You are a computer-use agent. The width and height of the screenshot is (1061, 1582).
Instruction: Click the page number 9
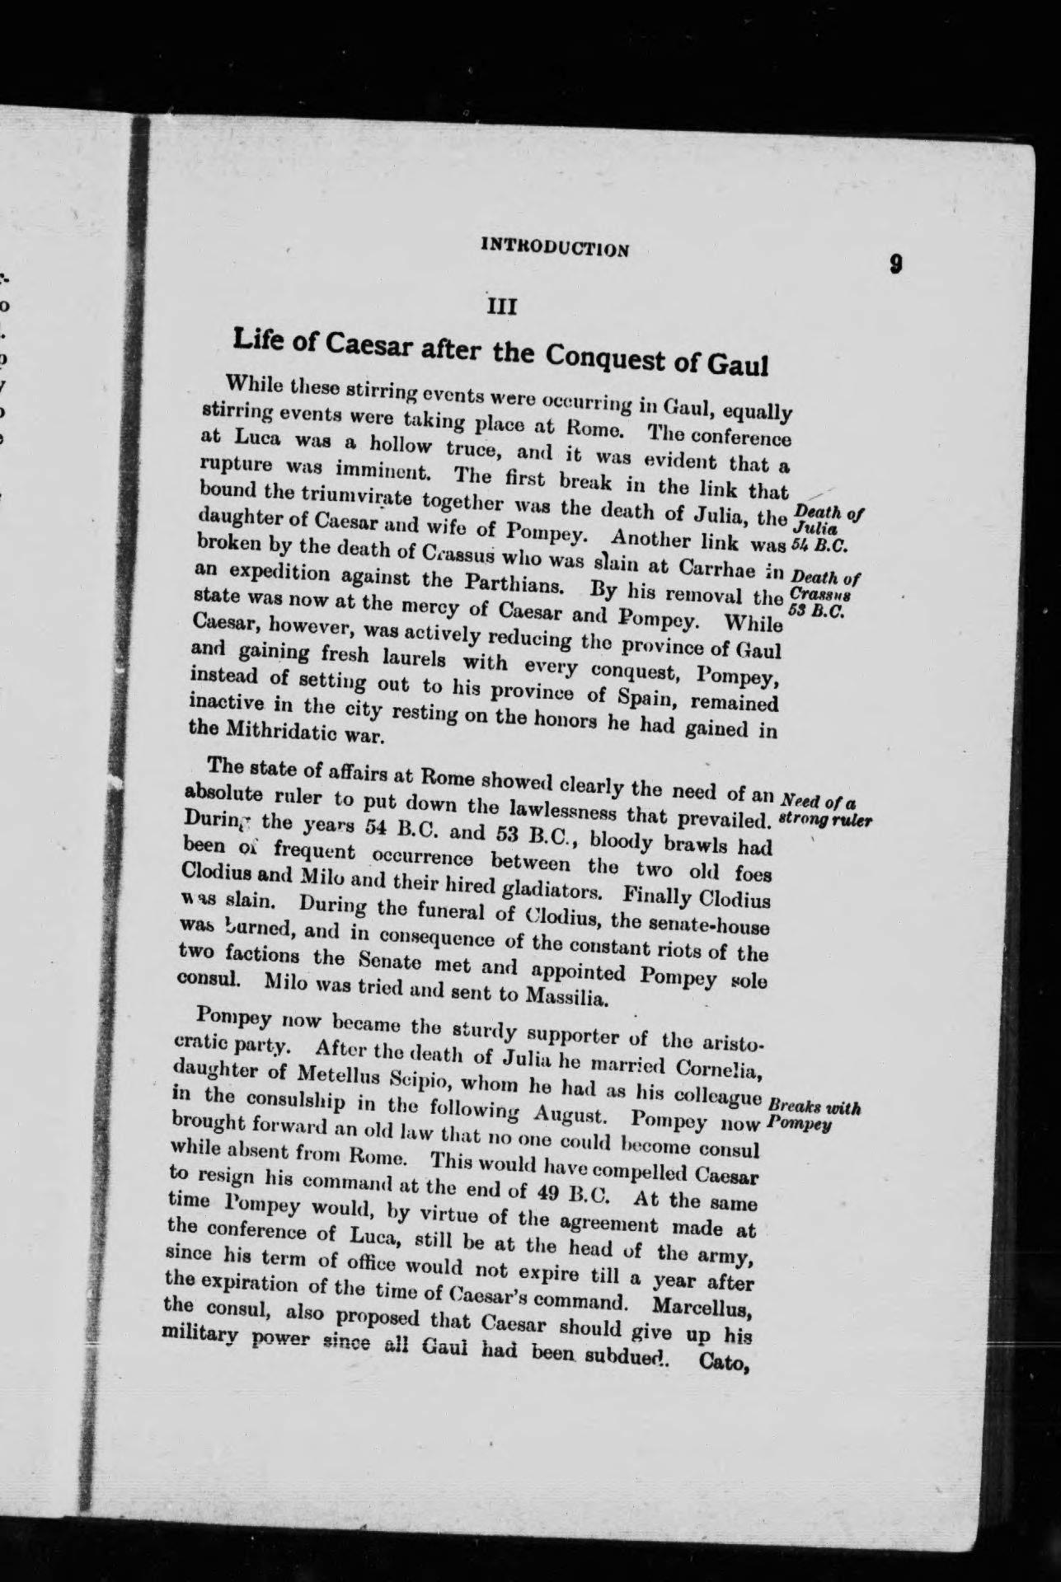point(895,265)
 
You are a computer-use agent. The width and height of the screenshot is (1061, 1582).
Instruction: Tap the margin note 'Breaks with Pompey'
point(813,1115)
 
